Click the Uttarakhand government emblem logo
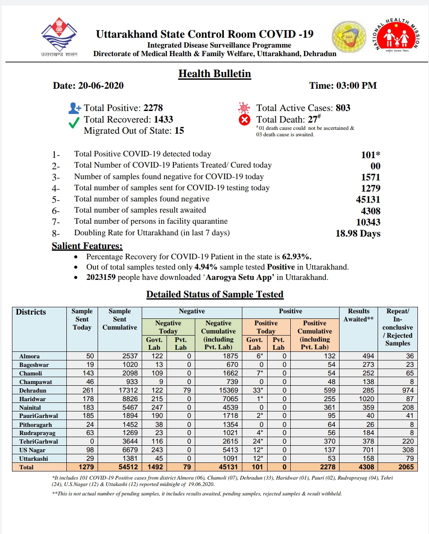(x=59, y=35)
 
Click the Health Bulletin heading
(x=214, y=74)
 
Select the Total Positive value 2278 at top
(x=153, y=108)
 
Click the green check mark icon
(x=74, y=123)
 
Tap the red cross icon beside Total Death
(x=244, y=120)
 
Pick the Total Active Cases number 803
(x=343, y=108)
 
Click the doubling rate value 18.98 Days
(x=358, y=234)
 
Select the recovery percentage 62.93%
(x=296, y=257)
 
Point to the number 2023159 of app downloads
(x=101, y=277)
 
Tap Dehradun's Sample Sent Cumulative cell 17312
(x=128, y=390)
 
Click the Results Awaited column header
(x=358, y=315)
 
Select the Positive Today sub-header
(x=266, y=327)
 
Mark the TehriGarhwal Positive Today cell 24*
(x=256, y=441)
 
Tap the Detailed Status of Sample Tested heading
(x=214, y=294)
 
